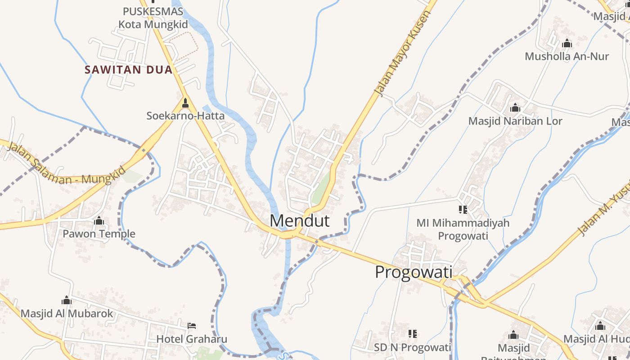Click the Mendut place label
pos(300,221)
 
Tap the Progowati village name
pos(414,273)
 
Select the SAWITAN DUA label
pos(129,70)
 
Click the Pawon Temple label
pos(99,234)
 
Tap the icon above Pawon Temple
pos(99,221)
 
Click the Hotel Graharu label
pos(192,339)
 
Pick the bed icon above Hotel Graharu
pos(192,325)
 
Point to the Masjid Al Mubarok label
pos(67,313)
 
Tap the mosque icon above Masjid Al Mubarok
pos(67,300)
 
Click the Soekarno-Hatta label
pos(185,116)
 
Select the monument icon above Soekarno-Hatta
pos(185,103)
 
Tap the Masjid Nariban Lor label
pos(515,121)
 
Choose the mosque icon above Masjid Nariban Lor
pos(515,108)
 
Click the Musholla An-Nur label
pos(567,56)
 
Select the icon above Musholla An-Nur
pos(567,43)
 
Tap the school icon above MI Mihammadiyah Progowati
pos(463,209)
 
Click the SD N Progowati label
pos(412,347)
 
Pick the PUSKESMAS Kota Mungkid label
pos(153,18)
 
